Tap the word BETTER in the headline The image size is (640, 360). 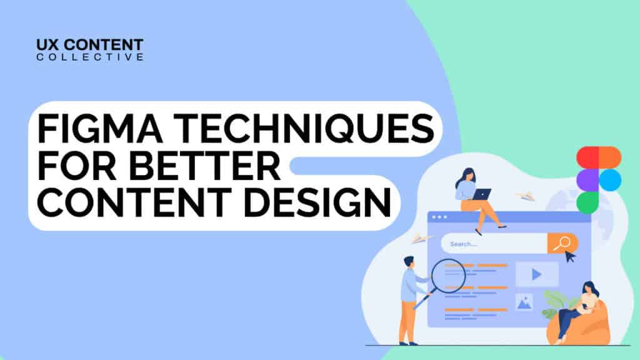205,166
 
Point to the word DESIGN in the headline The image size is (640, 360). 317,203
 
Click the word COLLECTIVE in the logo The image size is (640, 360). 90,57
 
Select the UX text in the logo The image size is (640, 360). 47,44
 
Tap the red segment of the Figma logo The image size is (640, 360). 587,157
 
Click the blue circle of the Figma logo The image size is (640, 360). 610,180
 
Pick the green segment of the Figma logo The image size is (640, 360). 587,203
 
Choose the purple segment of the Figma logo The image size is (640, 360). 587,180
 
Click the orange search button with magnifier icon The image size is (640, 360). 562,243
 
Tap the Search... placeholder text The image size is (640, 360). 463,244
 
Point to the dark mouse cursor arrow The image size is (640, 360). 570,257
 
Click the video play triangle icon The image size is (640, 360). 537,275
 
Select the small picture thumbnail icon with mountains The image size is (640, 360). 524,302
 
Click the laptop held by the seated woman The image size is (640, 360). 482,194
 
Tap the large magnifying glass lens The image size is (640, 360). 448,276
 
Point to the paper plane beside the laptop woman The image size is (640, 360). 526,196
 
